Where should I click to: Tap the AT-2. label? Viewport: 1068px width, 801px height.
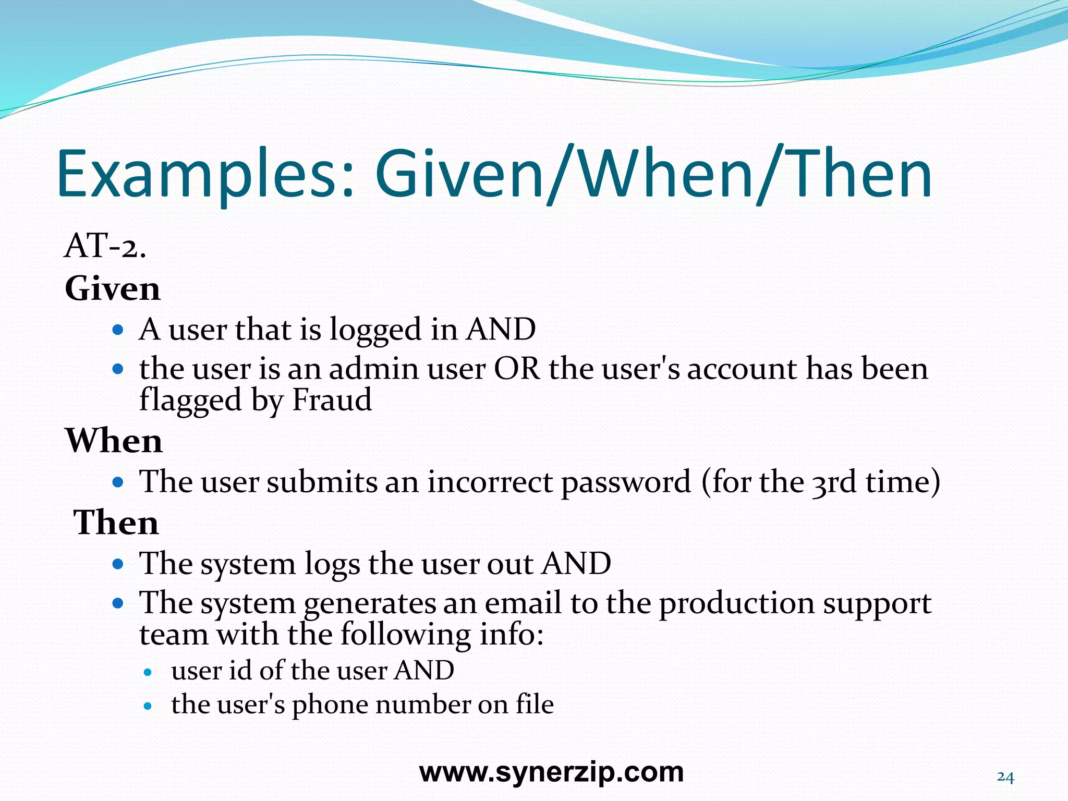(x=105, y=246)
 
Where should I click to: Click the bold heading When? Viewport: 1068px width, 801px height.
(x=114, y=441)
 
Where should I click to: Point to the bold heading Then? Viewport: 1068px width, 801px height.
(x=116, y=523)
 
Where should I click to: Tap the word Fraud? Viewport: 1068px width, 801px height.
(x=332, y=400)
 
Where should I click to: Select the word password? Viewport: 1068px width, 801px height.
(x=626, y=482)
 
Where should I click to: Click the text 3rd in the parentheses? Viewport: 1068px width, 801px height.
(x=834, y=482)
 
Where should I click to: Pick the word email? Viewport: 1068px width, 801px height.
(x=523, y=603)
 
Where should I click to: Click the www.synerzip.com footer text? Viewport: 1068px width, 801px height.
(x=551, y=772)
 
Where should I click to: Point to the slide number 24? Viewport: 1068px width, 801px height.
(x=1005, y=778)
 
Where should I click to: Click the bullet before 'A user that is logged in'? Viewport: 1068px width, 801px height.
(x=118, y=330)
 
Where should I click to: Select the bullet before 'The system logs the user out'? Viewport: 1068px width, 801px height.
(x=118, y=564)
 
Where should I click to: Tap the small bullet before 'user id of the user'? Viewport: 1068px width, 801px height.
(x=148, y=672)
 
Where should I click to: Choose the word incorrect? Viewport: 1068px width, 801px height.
(x=490, y=482)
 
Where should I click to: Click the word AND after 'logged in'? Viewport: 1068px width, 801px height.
(x=501, y=330)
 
